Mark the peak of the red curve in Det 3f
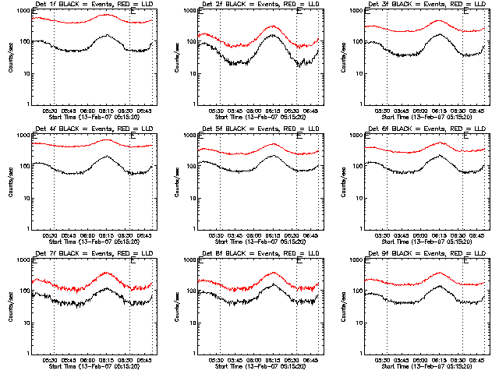pos(439,21)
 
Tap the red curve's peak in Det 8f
pos(274,272)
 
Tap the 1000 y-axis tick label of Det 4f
pos(20,136)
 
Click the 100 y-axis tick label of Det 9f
pos(355,292)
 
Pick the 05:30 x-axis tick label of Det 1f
pos(53,111)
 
